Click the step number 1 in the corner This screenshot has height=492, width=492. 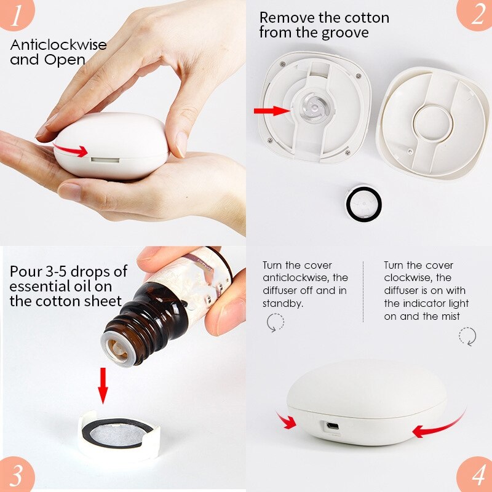[18, 17]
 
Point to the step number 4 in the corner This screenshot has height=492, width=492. [474, 475]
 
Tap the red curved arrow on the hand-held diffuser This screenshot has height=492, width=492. [70, 149]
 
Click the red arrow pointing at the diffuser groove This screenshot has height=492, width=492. [271, 111]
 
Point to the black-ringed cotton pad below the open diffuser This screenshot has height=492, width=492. [363, 204]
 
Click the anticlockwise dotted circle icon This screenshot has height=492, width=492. [275, 323]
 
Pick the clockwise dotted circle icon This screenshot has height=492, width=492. [467, 336]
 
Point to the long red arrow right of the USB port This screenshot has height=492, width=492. [438, 428]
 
